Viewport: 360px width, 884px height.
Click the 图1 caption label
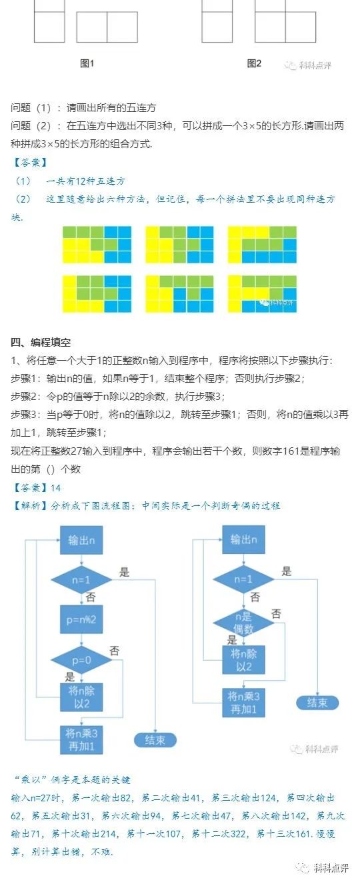pos(87,63)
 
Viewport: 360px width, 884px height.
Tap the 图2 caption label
pos(254,63)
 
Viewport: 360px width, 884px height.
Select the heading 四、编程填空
pos(41,343)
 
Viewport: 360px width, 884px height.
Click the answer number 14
pos(55,488)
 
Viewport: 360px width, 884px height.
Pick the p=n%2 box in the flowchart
pos(81,619)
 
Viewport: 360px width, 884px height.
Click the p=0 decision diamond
pos(81,660)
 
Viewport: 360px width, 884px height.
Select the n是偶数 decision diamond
pos(243,623)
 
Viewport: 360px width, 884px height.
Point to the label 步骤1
pos(25,379)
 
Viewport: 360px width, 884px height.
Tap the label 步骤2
pos(25,397)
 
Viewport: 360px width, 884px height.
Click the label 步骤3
pos(25,415)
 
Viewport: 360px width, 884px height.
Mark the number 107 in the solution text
pos(173,834)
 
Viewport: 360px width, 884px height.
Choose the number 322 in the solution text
pos(239,834)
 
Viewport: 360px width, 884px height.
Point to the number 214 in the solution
pos(108,834)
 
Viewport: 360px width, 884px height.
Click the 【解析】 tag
pos(29,506)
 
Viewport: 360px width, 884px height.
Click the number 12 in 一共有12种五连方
pos(81,181)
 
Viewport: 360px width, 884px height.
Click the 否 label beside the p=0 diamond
pos(115,651)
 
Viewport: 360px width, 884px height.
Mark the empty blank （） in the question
pos(51,469)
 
